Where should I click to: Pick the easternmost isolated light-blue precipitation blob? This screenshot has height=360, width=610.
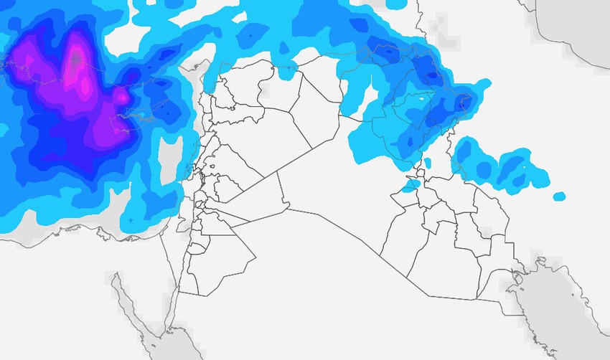(x=559, y=196)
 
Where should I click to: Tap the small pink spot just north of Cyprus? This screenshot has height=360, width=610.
(x=122, y=95)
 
